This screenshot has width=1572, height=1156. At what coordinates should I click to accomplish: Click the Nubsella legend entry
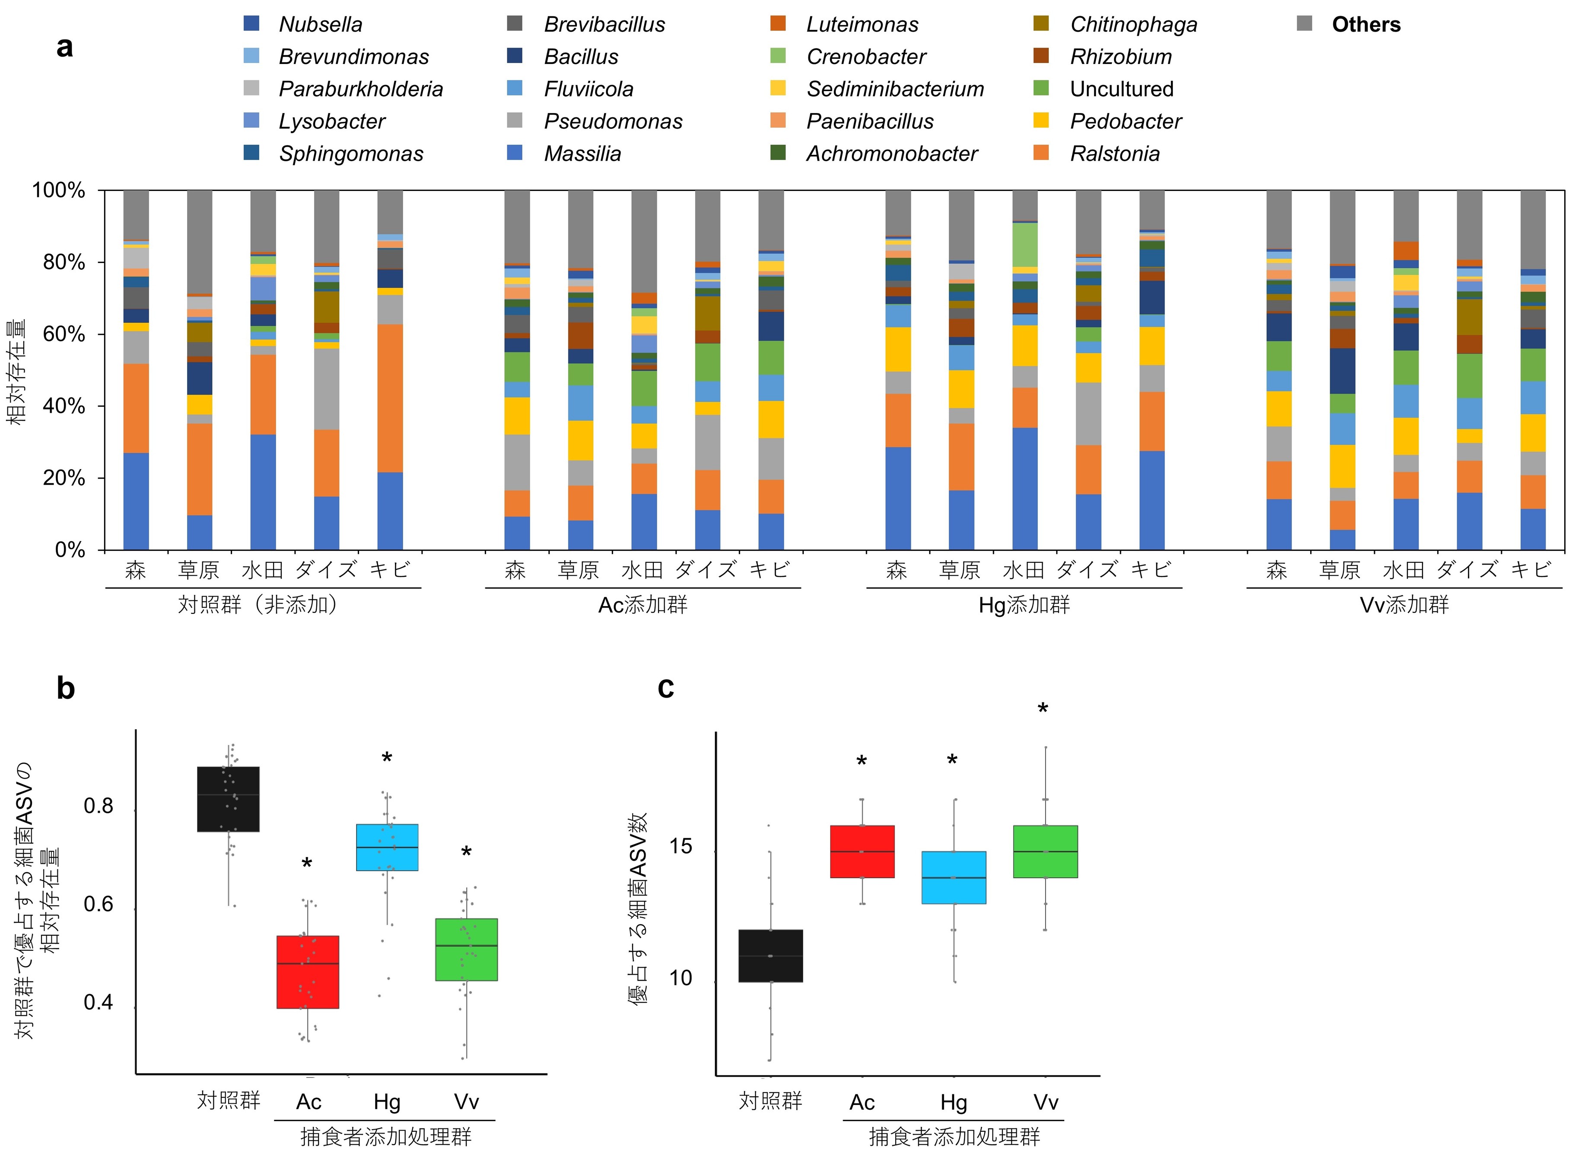(320, 25)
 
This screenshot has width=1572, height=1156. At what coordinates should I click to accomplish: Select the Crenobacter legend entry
(866, 57)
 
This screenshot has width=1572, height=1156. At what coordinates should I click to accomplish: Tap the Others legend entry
(1365, 25)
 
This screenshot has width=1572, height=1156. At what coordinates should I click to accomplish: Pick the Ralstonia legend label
(1115, 154)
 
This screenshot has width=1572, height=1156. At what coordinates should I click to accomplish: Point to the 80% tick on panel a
(64, 262)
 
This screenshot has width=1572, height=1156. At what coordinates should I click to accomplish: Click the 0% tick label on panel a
(70, 550)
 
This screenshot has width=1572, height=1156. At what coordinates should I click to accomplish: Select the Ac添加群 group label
(643, 605)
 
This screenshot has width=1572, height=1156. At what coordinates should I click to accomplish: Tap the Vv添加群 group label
(1404, 605)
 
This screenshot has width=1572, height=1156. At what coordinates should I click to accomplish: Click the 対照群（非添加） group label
(262, 605)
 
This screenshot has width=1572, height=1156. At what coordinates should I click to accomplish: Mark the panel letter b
(66, 689)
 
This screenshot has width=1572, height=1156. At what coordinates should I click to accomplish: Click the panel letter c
(665, 689)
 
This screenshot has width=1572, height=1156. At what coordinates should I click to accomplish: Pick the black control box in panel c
(770, 956)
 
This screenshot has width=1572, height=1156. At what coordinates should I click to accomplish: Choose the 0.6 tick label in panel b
(98, 904)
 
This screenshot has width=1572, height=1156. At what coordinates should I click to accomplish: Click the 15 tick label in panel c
(680, 847)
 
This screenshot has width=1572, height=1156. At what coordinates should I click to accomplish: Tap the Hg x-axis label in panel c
(953, 1103)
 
